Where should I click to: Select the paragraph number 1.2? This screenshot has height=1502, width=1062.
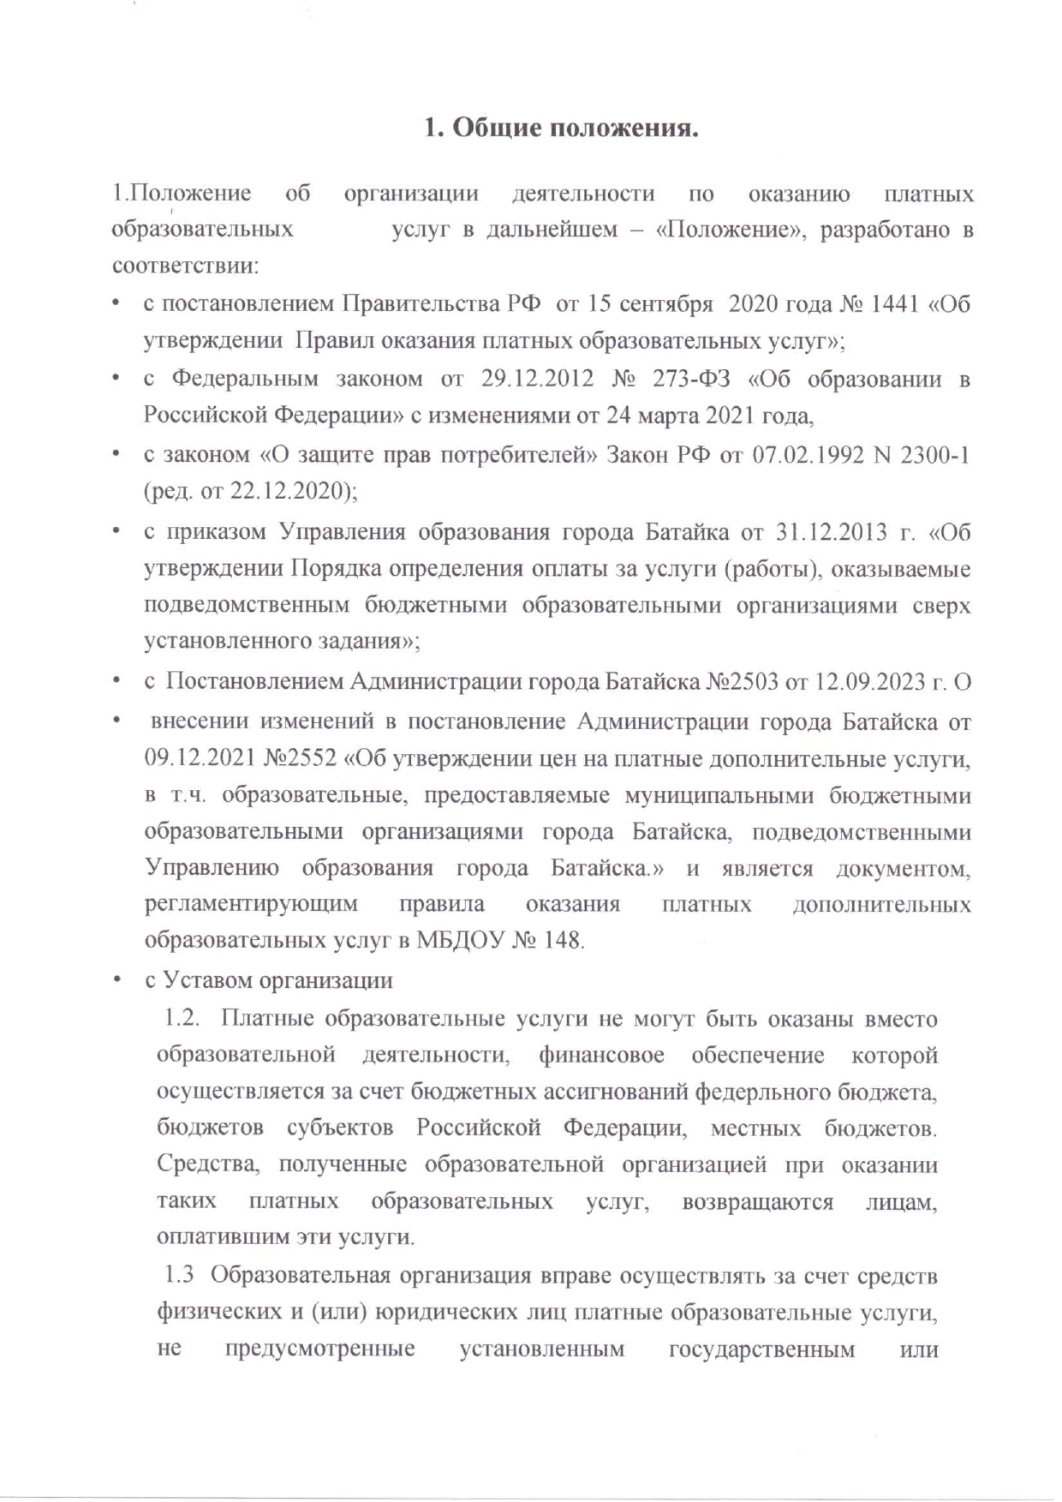182,1019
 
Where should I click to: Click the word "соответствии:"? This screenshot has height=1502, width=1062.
185,266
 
